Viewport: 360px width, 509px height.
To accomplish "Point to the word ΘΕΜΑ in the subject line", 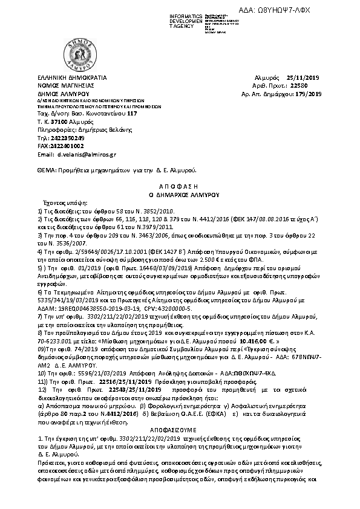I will click(x=46, y=172).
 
